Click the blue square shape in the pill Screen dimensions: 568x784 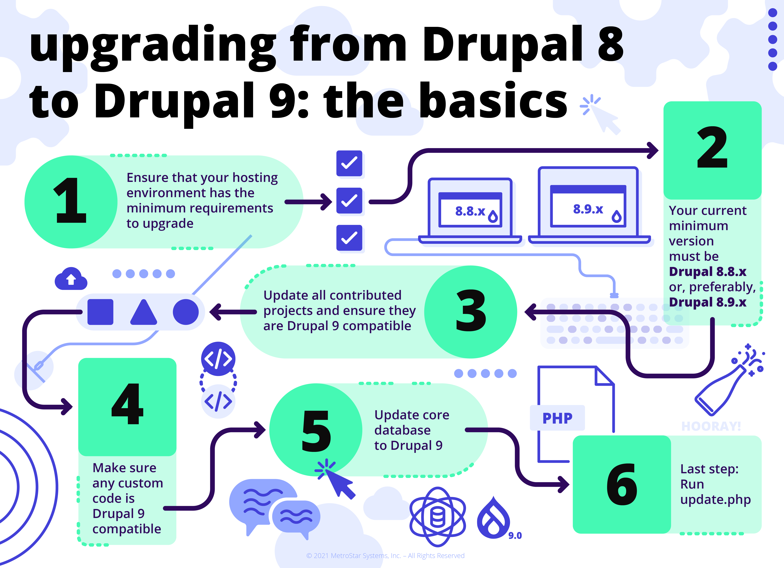100,312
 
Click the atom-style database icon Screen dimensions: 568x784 438,517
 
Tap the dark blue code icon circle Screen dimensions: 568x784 218,359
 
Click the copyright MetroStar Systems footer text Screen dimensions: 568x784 385,556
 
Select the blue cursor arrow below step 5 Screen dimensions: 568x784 339,481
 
